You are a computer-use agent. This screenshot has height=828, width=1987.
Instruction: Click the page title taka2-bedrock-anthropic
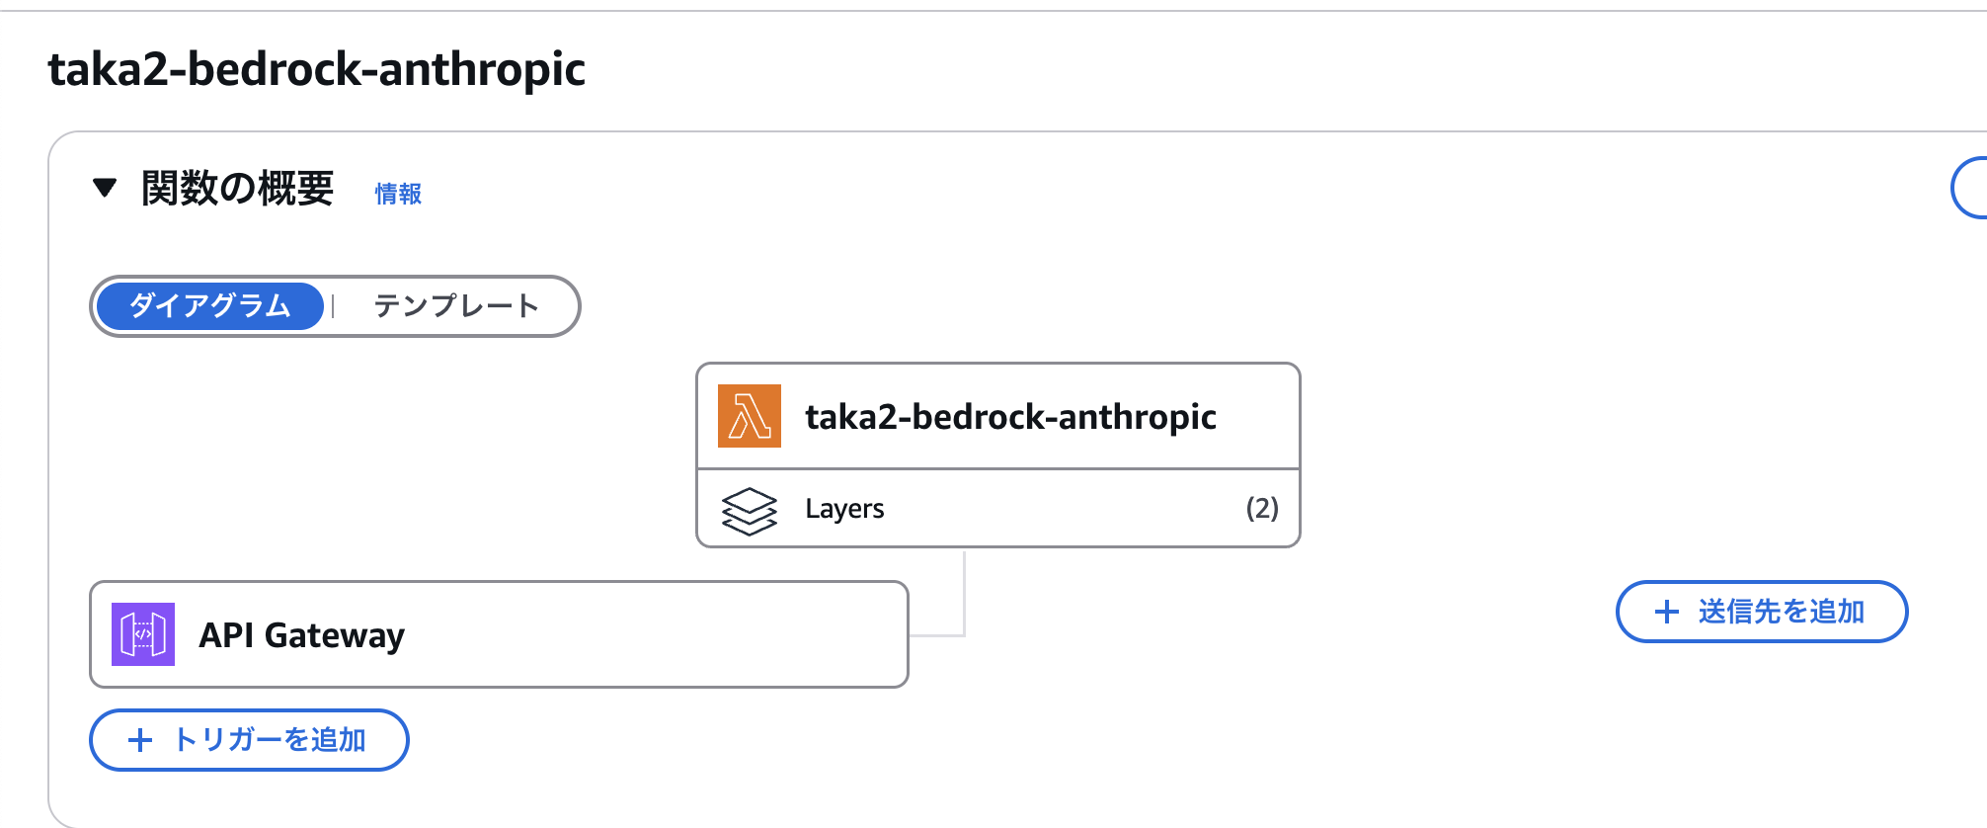[x=316, y=70]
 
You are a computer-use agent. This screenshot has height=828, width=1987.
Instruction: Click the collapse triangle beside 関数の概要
[x=105, y=188]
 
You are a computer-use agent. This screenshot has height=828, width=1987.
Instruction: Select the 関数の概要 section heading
[x=237, y=189]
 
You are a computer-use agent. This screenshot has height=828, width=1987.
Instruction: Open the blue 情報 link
[x=398, y=194]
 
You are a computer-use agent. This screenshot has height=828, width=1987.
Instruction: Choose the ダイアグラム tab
[x=210, y=306]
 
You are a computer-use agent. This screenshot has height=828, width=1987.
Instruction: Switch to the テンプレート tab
[x=456, y=306]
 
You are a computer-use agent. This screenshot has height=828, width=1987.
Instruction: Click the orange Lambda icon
[x=749, y=416]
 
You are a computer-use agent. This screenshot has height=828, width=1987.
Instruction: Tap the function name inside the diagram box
[x=1010, y=417]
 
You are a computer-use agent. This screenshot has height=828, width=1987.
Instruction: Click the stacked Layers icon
[x=749, y=510]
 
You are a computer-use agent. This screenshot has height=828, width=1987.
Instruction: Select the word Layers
[x=844, y=509]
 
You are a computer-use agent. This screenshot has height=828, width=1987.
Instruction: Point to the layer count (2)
[x=1261, y=509]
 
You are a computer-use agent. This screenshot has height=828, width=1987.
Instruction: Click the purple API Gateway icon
[x=143, y=634]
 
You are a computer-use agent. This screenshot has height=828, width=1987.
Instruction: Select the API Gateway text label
[x=302, y=635]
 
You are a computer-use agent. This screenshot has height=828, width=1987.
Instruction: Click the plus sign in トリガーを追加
[x=140, y=740]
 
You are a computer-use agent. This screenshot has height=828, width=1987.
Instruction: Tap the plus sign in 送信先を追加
[x=1666, y=612]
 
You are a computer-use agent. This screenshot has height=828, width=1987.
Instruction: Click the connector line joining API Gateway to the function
[x=964, y=603]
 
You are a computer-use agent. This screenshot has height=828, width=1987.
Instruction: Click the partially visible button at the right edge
[x=1970, y=188]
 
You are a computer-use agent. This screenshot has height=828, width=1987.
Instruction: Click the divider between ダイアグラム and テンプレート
[x=334, y=306]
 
